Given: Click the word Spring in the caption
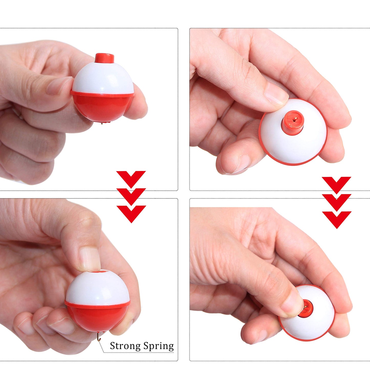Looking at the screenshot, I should tap(158, 346).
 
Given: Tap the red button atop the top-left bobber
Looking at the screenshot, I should tap(104, 58).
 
